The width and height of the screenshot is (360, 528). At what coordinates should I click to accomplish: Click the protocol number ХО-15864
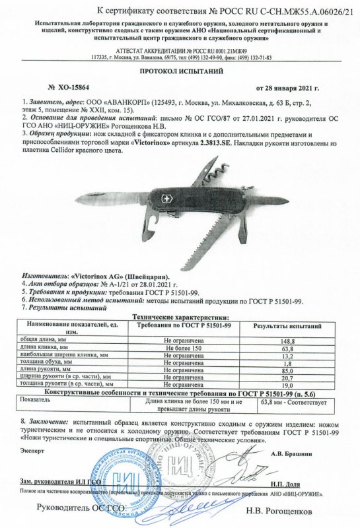pos(71,86)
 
